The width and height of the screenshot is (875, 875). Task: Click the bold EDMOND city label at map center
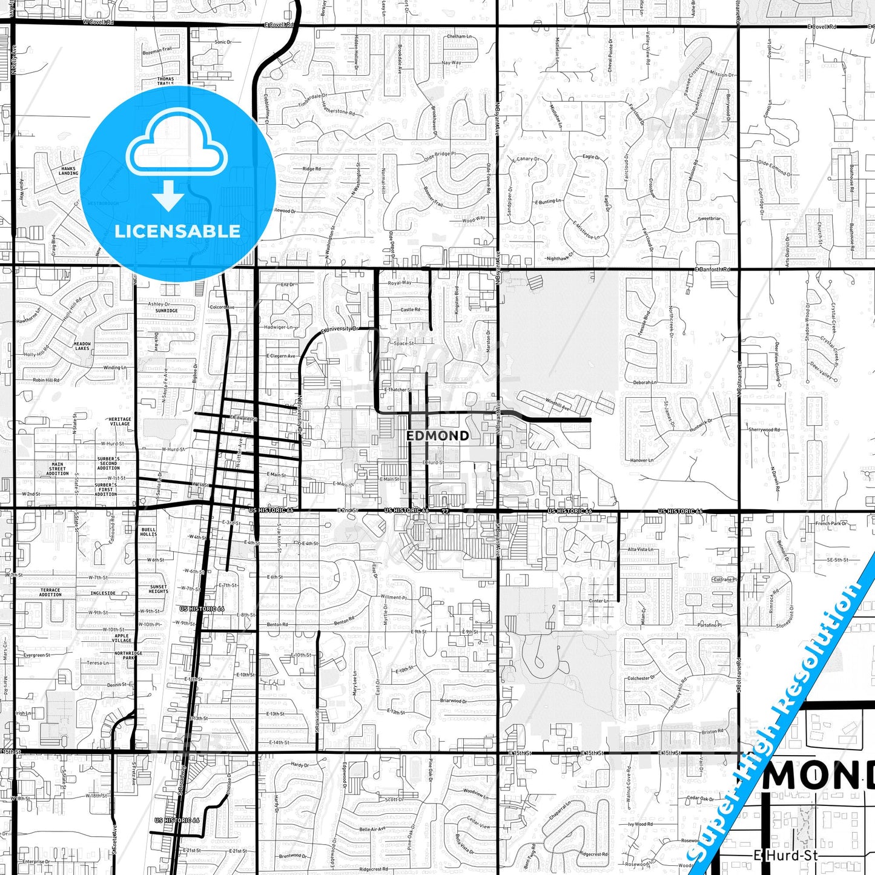point(437,436)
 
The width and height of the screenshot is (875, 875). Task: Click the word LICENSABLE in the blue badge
point(177,231)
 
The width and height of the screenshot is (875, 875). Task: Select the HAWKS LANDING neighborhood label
point(68,171)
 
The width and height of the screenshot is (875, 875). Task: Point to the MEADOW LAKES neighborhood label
point(82,346)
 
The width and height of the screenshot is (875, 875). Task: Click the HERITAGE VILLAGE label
point(120,421)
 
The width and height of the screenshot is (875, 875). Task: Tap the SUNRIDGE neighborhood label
point(167,311)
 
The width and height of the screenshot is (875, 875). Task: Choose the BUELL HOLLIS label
point(148,532)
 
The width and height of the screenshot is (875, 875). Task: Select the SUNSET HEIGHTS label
point(159,589)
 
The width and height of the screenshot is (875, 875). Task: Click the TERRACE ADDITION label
point(50,592)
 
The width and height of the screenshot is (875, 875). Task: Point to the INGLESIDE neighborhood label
point(103,593)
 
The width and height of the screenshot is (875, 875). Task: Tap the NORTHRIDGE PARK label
point(128,655)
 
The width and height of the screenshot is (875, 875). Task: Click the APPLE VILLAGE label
point(122,638)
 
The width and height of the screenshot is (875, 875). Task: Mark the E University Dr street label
point(340,329)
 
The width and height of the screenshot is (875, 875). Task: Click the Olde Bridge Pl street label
point(440,155)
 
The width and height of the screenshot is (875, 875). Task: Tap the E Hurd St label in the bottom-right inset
point(785,856)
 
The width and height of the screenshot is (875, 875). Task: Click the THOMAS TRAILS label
point(165,81)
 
